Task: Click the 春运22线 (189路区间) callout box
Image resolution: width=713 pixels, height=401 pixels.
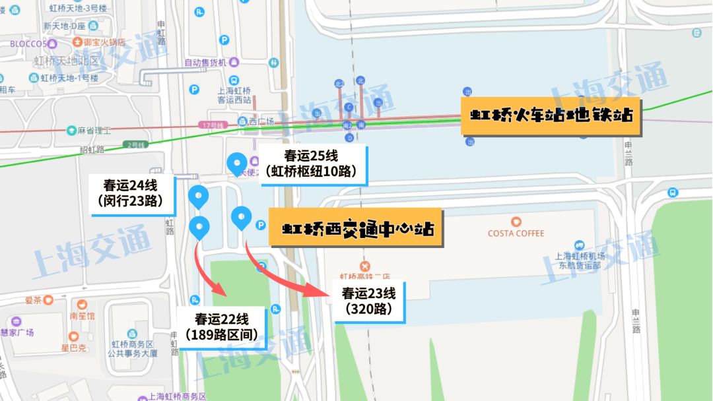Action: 221,325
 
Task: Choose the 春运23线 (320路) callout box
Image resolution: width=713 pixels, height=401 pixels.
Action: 368,301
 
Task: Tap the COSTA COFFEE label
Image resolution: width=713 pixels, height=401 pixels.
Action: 516,233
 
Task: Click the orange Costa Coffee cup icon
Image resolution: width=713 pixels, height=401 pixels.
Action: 516,222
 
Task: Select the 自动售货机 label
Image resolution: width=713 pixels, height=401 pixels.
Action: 205,63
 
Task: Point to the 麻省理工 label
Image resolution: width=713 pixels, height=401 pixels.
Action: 93,131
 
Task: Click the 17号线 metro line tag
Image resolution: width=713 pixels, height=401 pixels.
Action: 212,125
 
